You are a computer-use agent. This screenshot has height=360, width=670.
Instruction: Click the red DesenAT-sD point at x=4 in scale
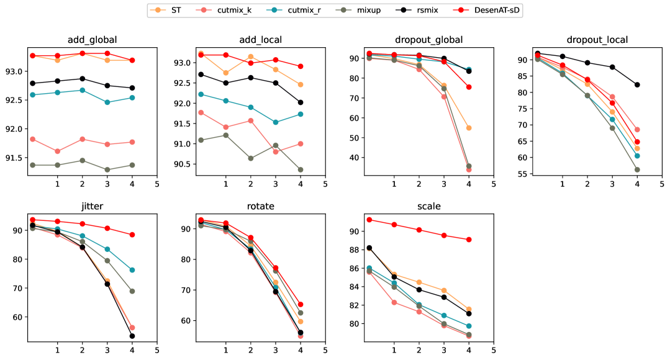pyautogui.click(x=469, y=240)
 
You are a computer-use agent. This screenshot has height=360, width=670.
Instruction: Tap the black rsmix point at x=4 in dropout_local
pyautogui.click(x=637, y=84)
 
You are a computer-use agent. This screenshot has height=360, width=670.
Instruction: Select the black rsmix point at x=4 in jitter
pyautogui.click(x=132, y=336)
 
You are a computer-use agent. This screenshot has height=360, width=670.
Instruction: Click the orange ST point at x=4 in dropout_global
pyautogui.click(x=469, y=128)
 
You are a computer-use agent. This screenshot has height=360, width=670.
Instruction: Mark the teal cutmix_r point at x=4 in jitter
pyautogui.click(x=132, y=270)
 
